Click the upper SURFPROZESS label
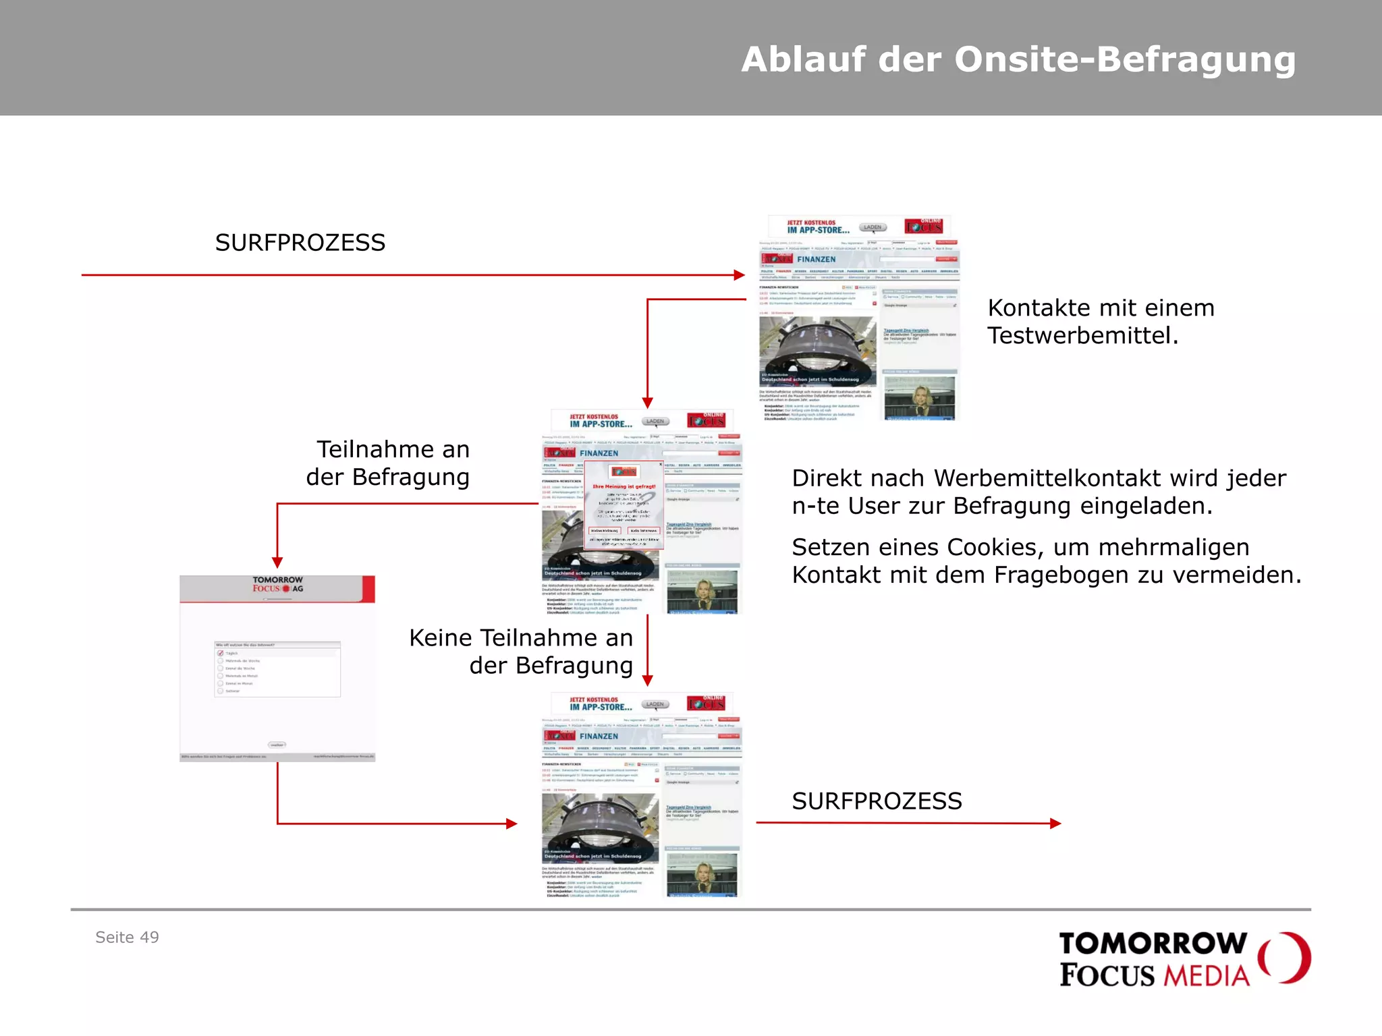(x=300, y=243)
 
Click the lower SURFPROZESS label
(x=877, y=801)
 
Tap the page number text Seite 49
(x=127, y=938)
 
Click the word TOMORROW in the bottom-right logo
(x=1153, y=944)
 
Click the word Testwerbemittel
(x=1082, y=336)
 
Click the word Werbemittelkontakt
(x=1047, y=478)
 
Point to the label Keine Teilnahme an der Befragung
(x=521, y=652)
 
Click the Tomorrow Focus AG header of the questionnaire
(x=277, y=585)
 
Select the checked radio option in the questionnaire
(x=221, y=653)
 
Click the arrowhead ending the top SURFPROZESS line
(x=740, y=275)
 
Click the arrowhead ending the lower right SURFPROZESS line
(x=1056, y=823)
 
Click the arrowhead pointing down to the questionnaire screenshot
(x=277, y=563)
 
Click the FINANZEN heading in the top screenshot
(x=816, y=260)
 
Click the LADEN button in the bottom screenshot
(x=655, y=704)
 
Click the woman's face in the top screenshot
(x=920, y=396)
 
